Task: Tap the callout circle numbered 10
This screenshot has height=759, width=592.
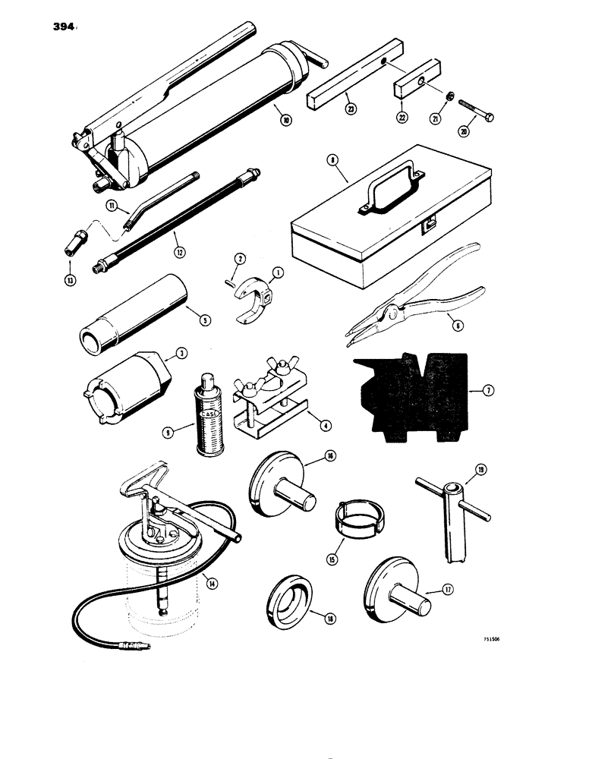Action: click(x=285, y=120)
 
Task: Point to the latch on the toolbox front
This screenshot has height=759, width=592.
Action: click(x=430, y=224)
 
